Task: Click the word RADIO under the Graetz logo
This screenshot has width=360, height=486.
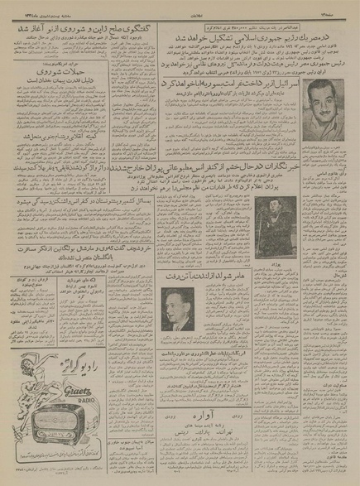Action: tap(73, 395)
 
